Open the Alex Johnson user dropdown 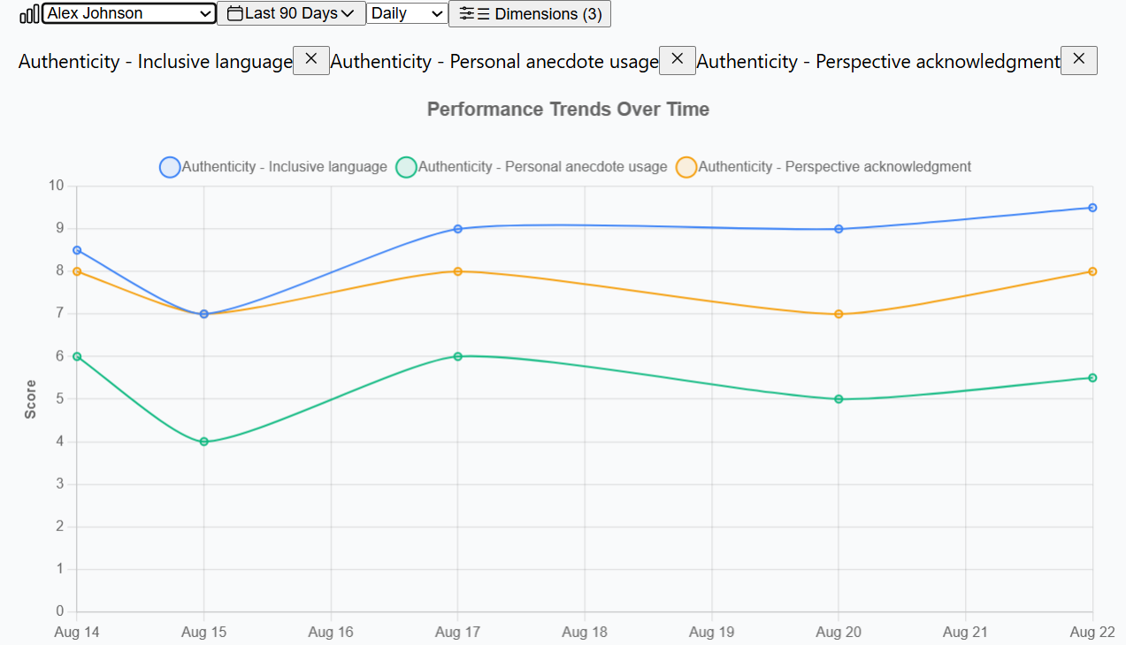129,13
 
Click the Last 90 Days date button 291,13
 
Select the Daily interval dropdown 407,13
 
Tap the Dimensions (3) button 530,14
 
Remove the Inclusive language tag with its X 310,60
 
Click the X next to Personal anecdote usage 677,60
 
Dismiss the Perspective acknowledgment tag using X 1078,60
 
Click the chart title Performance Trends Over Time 568,110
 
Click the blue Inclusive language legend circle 170,167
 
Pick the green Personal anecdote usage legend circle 406,167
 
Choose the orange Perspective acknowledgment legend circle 686,167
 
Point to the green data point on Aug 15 204,442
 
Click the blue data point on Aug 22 1092,208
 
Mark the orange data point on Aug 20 839,315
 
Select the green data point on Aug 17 458,356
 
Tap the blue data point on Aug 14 77,250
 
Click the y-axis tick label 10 57,186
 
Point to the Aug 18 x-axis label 585,632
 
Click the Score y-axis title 31,398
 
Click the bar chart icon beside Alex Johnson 29,14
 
